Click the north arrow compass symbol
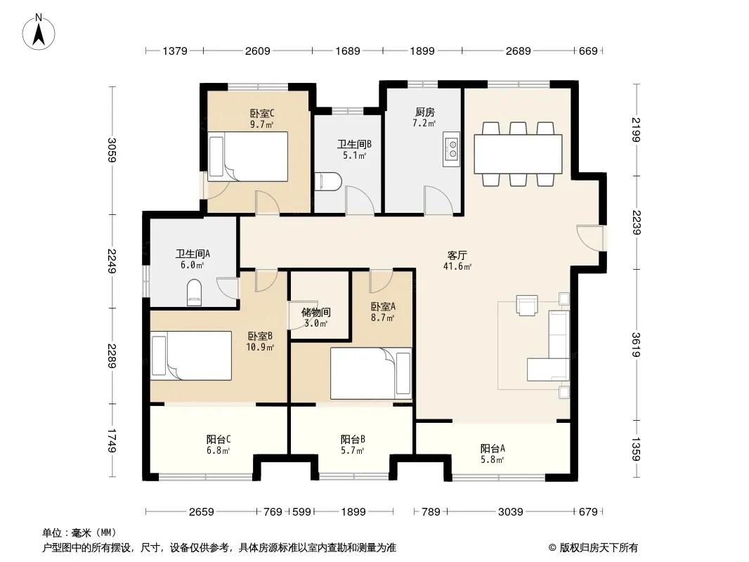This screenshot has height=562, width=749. point(39,32)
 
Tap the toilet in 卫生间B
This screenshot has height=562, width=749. point(328,181)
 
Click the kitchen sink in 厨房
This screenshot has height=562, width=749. point(451,149)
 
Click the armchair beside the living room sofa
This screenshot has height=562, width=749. point(527,306)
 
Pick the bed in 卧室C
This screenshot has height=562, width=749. point(249,157)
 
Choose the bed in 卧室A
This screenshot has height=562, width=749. point(371,374)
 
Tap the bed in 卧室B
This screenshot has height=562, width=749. point(191,355)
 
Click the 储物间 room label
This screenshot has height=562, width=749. point(315,313)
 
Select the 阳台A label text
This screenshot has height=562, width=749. point(493,448)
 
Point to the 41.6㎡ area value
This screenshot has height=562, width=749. point(457,266)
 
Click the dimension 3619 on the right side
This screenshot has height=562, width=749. point(636,345)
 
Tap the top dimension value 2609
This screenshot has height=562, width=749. point(257,51)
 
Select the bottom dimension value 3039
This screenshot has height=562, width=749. point(511,512)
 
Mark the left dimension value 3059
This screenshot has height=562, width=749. point(111,150)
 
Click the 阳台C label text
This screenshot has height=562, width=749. point(219,439)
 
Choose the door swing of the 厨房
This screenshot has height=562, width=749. point(438,200)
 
